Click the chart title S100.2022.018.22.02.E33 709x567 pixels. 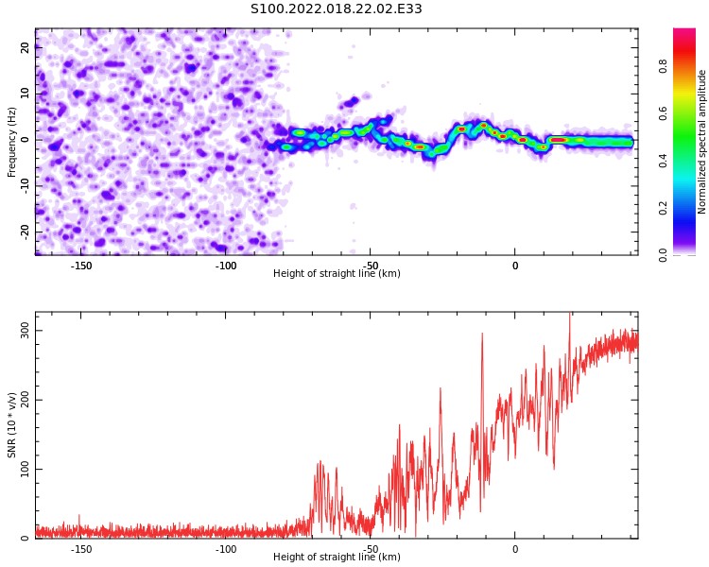[x=336, y=9]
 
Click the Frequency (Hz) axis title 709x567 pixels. [x=12, y=142]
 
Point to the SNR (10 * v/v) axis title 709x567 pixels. [x=12, y=425]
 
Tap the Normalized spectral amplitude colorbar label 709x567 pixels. [x=702, y=142]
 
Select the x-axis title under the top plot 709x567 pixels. [x=337, y=274]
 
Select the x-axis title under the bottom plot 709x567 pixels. [x=337, y=558]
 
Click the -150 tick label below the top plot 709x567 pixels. [x=81, y=266]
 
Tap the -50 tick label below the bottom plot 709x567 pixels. [x=371, y=549]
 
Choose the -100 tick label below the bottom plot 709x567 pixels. [x=226, y=549]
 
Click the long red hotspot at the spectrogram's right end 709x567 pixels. [x=559, y=140]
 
